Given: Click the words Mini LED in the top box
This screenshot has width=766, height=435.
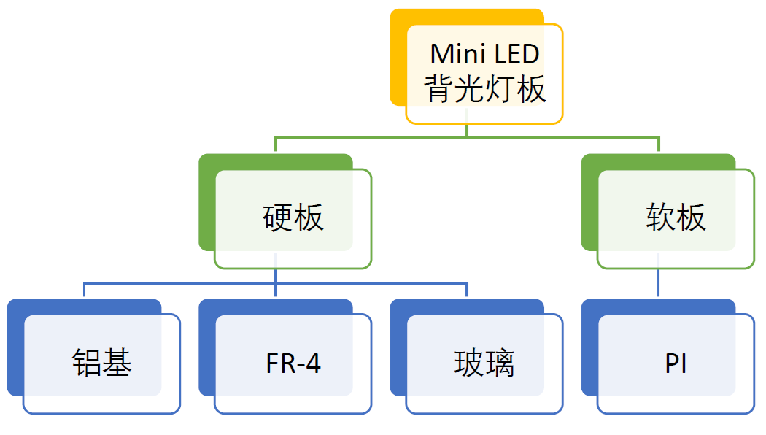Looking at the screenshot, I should coord(484,54).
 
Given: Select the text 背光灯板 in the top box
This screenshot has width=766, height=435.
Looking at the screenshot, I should coord(484,89).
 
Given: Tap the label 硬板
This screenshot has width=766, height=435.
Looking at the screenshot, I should coord(293,217).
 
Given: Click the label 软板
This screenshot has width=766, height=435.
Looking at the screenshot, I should coord(676,217).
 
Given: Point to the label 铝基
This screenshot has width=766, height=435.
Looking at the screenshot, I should coord(101,363).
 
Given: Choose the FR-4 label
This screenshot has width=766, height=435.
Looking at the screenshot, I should coord(293,363).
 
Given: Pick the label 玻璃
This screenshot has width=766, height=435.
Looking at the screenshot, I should coord(484,363).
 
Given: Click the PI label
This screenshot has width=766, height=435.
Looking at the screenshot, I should coord(676,363).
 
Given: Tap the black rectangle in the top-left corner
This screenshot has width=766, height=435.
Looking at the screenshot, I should coord(93,23).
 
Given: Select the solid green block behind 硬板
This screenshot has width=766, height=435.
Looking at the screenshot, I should coord(206,204).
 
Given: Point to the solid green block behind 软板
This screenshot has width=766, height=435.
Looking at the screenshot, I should coord(589,204).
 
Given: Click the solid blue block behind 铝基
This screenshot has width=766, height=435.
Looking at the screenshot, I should coord(15,350).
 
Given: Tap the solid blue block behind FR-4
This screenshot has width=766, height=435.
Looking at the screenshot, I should coord(206,350).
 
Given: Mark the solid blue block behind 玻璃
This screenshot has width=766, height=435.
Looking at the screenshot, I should coord(398,350).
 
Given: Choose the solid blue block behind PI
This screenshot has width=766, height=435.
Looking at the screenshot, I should coord(589,350).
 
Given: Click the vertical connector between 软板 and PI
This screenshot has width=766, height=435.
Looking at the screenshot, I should coord(659,283).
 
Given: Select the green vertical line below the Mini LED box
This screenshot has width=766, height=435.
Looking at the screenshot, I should coord(467,130).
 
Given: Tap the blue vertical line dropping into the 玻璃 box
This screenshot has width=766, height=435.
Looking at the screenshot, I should coord(467,290).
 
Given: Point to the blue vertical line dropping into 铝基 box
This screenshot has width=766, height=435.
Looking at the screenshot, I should coord(84,290).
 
